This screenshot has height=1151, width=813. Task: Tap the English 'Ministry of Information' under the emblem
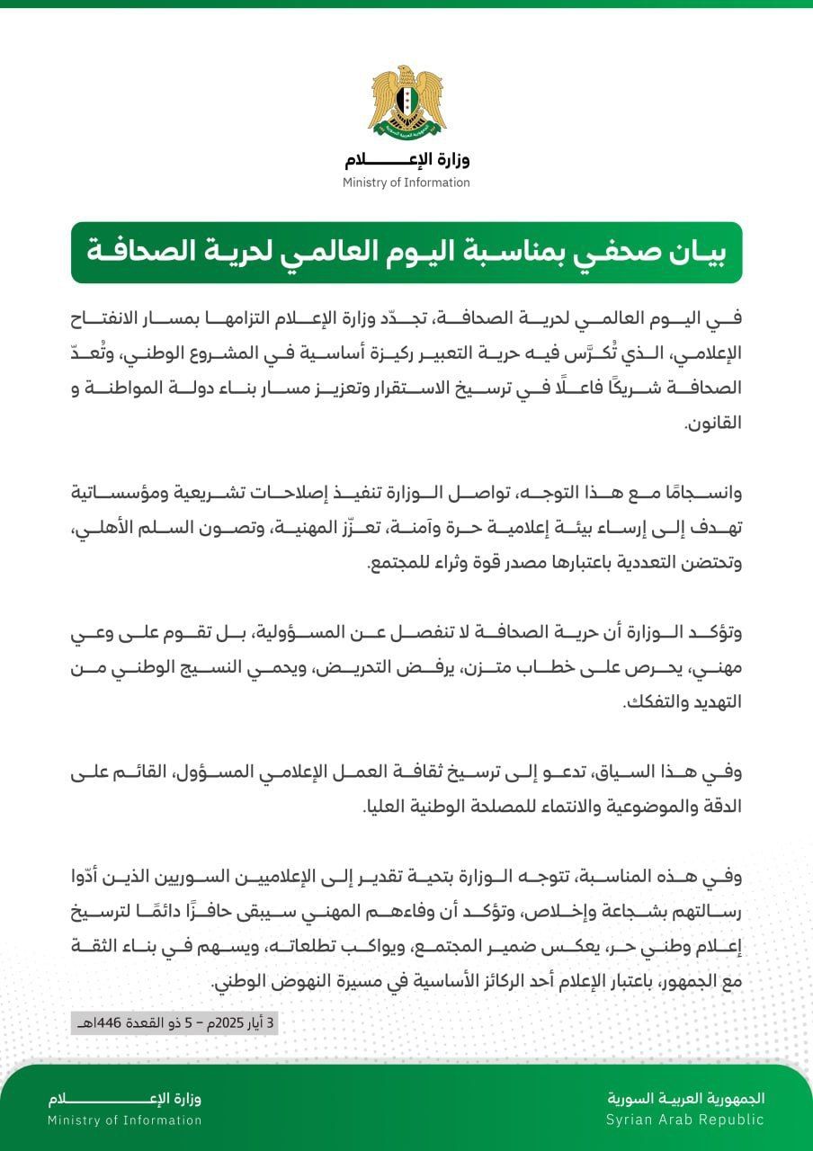(406, 183)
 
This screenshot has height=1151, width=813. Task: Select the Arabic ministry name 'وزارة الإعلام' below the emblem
(406, 161)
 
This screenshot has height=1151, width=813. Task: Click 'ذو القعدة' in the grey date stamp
(144, 1023)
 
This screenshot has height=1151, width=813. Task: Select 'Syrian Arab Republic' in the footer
(684, 1120)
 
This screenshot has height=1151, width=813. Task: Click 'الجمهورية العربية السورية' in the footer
(685, 1098)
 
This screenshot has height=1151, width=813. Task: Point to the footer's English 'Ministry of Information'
(125, 1120)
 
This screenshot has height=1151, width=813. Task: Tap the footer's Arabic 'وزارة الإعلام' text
(125, 1099)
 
